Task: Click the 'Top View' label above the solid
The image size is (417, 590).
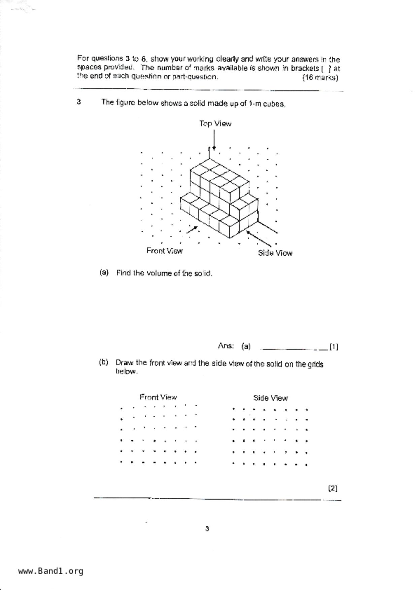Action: point(215,124)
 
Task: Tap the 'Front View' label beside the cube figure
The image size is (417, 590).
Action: point(165,251)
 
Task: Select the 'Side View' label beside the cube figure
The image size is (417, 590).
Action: point(275,253)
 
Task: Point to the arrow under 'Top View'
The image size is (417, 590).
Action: point(214,140)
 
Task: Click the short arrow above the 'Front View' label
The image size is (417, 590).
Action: point(192,229)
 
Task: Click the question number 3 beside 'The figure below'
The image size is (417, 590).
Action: point(79,102)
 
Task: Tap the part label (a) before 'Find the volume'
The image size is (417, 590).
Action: point(104,272)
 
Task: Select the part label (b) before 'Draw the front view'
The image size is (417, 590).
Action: point(104,362)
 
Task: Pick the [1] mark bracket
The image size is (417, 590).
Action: point(334,346)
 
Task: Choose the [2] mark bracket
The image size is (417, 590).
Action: point(333,488)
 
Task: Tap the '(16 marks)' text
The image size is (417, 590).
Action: point(320,78)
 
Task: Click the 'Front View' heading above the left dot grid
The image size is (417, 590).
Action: point(158,397)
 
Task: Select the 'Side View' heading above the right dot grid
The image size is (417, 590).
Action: point(271,398)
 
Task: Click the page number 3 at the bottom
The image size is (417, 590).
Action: point(207,529)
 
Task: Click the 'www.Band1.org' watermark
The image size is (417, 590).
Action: point(51,571)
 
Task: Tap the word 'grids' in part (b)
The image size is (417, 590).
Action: point(315,364)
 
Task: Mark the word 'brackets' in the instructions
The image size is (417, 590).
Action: point(305,68)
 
